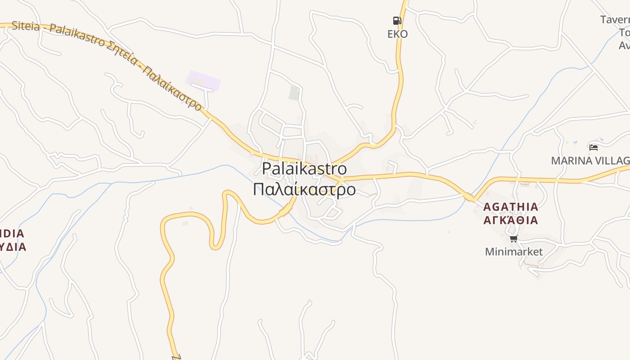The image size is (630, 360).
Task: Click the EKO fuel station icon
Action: click(x=396, y=20)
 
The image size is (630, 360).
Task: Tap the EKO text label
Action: click(x=397, y=34)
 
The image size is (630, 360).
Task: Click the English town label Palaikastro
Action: click(x=304, y=169)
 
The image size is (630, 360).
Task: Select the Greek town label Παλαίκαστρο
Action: click(x=304, y=189)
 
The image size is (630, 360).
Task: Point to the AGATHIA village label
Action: click(x=510, y=207)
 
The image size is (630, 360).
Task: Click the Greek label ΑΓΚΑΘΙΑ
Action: click(x=510, y=220)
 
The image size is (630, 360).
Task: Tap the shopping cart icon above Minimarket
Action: click(x=513, y=238)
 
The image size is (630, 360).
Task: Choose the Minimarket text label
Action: click(x=513, y=252)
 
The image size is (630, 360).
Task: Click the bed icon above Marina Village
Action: click(x=594, y=147)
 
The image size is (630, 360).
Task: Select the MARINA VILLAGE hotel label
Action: click(x=590, y=161)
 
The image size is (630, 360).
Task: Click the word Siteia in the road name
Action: click(x=26, y=26)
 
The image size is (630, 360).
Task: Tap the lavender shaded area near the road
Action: click(x=203, y=81)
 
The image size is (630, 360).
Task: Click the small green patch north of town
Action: click(x=294, y=93)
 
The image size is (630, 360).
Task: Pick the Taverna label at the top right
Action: click(x=616, y=20)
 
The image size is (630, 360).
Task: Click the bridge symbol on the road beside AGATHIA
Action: click(x=469, y=197)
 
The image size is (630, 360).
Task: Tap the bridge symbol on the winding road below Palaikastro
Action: click(x=285, y=210)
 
